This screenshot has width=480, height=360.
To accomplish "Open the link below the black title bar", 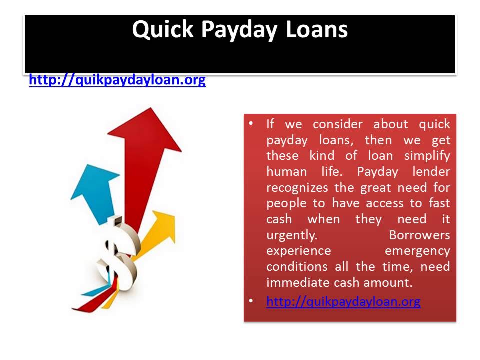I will point(117,80).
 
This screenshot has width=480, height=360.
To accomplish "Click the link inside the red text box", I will point(343,301).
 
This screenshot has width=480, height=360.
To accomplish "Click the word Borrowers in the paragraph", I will point(419,235).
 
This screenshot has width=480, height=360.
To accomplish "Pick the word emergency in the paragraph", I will point(417,250).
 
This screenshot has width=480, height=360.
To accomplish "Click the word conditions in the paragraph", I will point(297,266).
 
